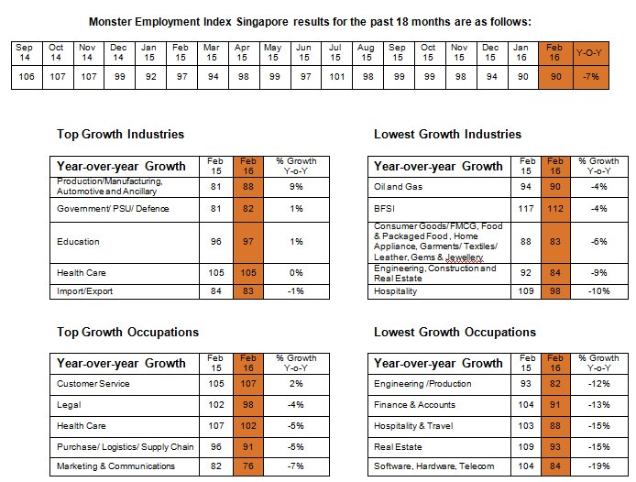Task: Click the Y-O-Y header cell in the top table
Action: point(589,53)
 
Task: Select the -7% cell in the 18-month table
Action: point(590,76)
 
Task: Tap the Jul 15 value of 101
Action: point(336,76)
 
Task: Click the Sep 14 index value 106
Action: point(27,76)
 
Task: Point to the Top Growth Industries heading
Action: point(120,134)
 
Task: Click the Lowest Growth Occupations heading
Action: point(455,332)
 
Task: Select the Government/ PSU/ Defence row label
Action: point(113,209)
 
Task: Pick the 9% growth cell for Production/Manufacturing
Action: point(296,187)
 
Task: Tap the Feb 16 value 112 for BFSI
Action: point(554,209)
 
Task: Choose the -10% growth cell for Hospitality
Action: point(599,290)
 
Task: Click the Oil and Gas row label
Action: point(398,187)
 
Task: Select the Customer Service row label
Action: point(93,384)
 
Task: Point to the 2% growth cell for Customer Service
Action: point(296,384)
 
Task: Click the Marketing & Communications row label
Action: point(115,466)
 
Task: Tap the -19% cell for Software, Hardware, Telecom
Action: point(599,466)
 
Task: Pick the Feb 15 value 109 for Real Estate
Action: point(526,446)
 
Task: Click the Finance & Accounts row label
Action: point(414,405)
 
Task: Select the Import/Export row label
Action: point(85,290)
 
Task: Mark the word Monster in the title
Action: point(110,21)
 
